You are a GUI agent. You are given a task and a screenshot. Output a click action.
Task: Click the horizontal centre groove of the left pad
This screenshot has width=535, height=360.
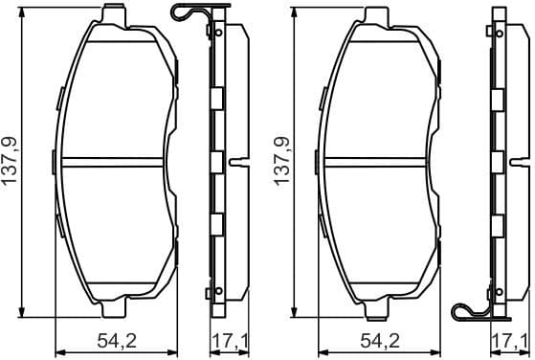[119, 159]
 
